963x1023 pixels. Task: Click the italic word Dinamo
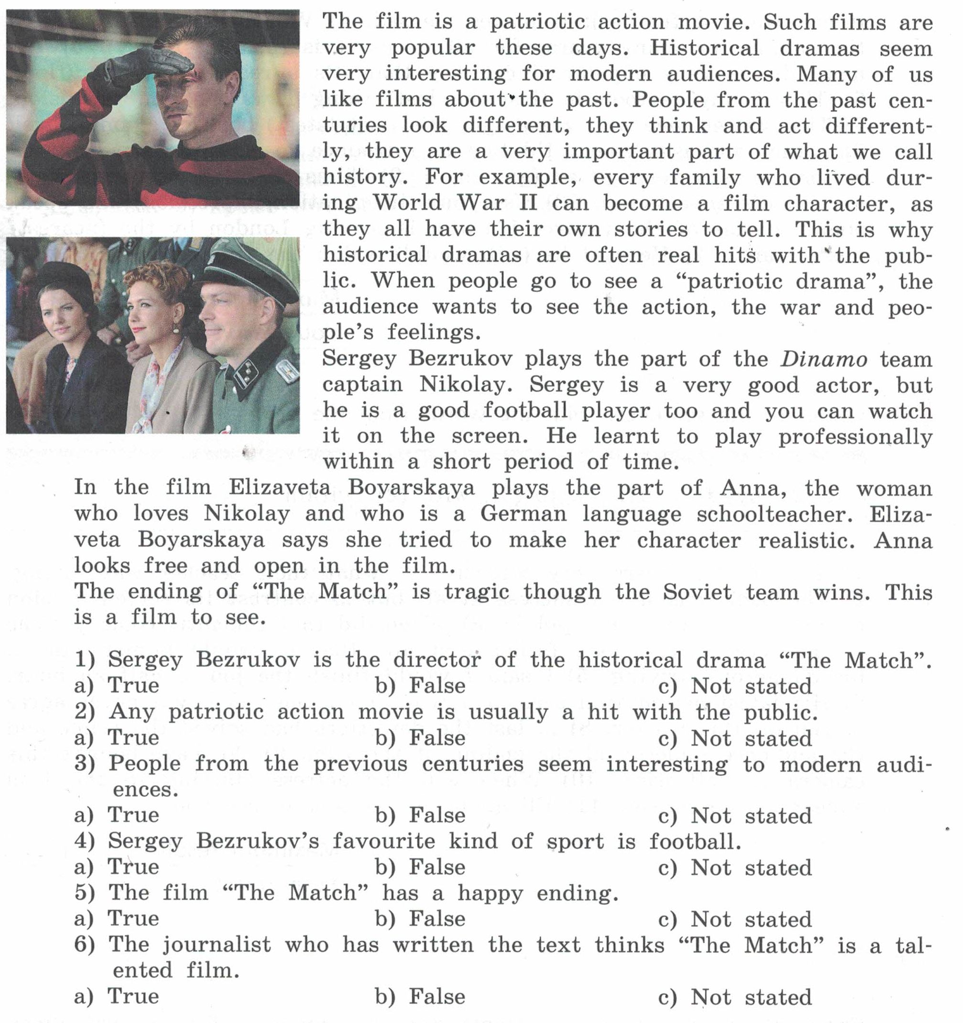pyautogui.click(x=823, y=360)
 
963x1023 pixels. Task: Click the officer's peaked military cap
pyautogui.click(x=247, y=273)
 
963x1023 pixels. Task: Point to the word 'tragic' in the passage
pyautogui.click(x=477, y=591)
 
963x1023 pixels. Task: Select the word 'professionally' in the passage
pyautogui.click(x=854, y=437)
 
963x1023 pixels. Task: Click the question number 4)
pyautogui.click(x=84, y=841)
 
